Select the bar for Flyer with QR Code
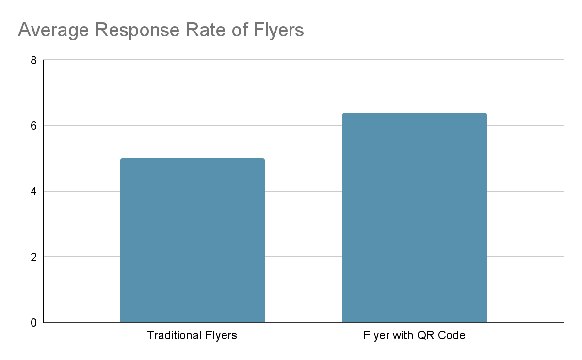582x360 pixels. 414,218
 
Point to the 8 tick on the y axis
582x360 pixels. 33,61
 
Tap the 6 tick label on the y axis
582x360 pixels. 33,126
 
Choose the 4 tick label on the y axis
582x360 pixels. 33,192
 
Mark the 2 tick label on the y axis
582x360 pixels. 33,257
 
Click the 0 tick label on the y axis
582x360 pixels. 33,323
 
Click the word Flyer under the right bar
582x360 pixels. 375,336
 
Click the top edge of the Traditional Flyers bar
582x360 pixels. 193,159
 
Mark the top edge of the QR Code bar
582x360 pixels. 414,113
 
